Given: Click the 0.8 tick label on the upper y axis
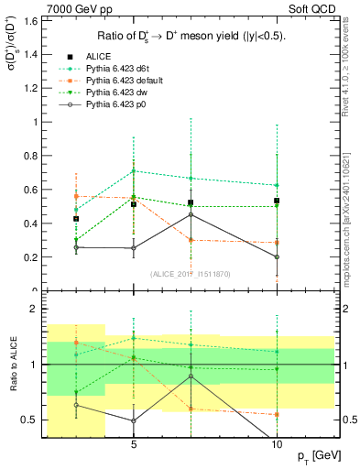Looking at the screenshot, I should tap(32, 156).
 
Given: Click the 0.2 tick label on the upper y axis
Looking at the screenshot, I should tap(32, 257).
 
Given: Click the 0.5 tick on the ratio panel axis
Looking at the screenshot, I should tap(30, 420).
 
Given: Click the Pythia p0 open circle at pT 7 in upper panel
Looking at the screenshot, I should tap(191, 214).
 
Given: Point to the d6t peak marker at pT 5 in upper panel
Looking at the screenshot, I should tap(134, 171).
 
